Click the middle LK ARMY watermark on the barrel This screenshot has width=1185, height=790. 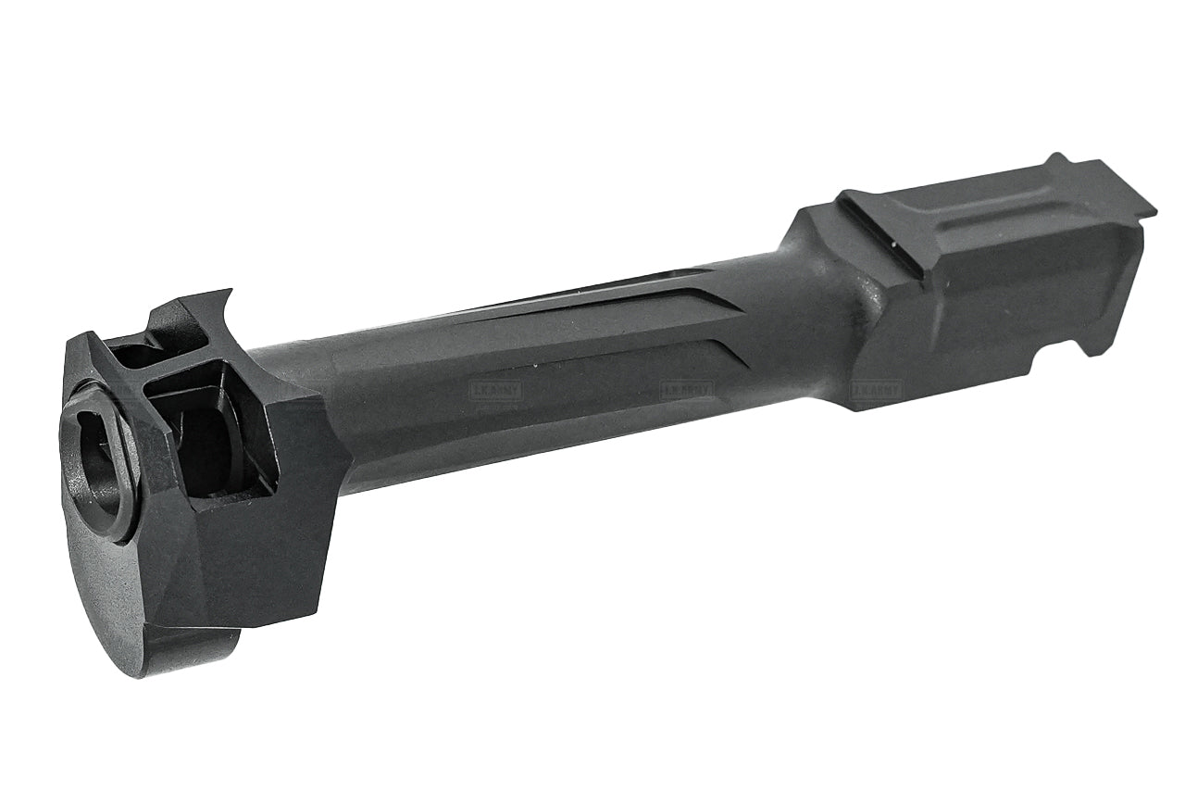coord(686,391)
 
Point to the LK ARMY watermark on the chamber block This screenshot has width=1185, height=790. coord(876,391)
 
